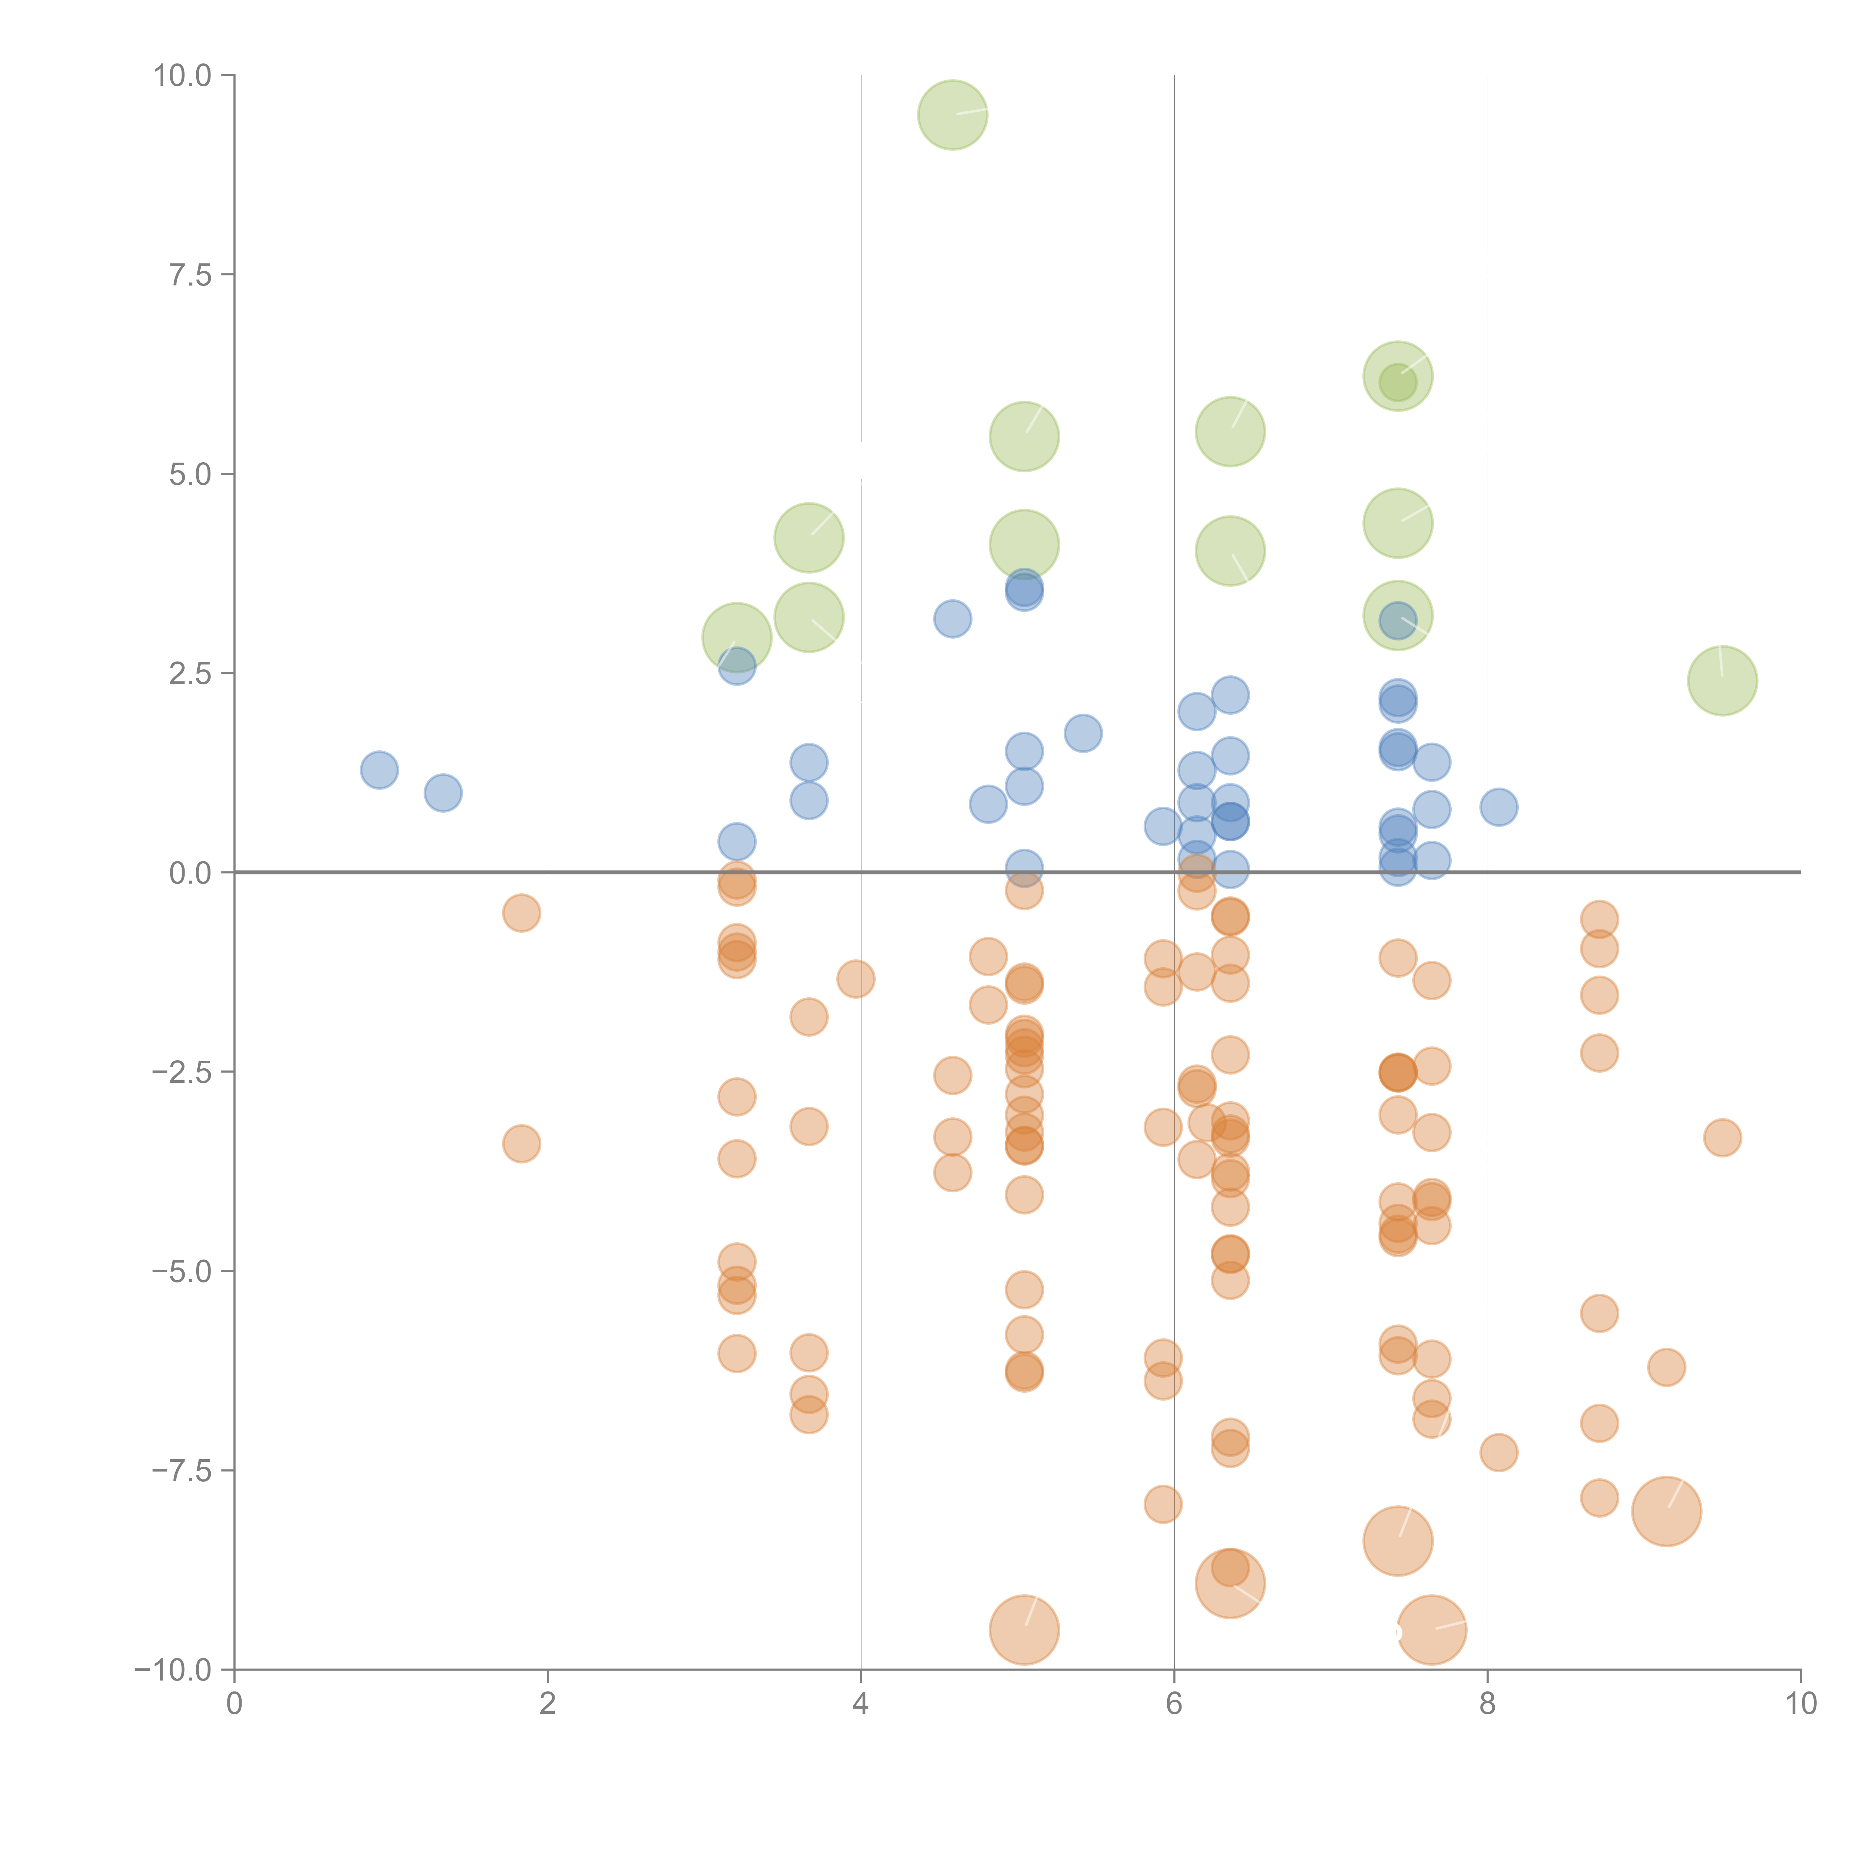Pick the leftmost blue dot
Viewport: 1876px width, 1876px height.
pyautogui.click(x=379, y=770)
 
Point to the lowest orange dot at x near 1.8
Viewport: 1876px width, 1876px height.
pyautogui.click(x=522, y=1144)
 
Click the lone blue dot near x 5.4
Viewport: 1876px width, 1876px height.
pyautogui.click(x=1083, y=733)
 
